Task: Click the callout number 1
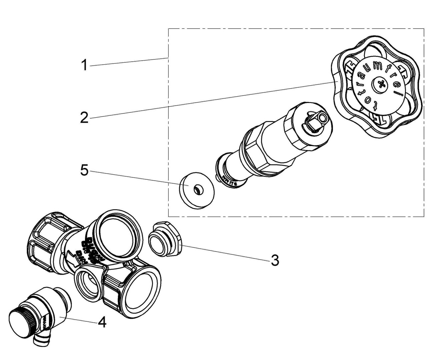pos(84,65)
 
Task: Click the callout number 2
pos(84,117)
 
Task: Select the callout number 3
pos(274,260)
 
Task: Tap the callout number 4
pos(102,322)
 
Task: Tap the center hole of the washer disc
pos(197,190)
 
